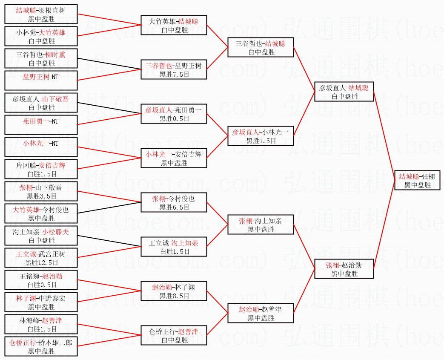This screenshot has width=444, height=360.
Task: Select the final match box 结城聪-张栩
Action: (x=417, y=180)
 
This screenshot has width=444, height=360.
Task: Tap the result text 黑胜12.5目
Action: (x=41, y=262)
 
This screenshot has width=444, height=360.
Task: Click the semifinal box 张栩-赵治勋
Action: (x=344, y=269)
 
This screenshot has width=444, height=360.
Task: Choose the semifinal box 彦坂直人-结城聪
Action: (x=344, y=92)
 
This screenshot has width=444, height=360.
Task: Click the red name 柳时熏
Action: (x=55, y=55)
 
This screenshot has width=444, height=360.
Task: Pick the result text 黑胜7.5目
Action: (x=174, y=74)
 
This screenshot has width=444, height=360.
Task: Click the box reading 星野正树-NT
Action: (x=41, y=81)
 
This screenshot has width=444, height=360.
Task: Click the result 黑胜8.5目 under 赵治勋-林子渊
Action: (x=174, y=296)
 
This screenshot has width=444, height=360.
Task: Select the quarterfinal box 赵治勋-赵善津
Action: (x=261, y=313)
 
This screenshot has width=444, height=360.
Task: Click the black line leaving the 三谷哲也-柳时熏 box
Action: (x=109, y=64)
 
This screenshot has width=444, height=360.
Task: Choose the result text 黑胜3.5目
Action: (x=41, y=196)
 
